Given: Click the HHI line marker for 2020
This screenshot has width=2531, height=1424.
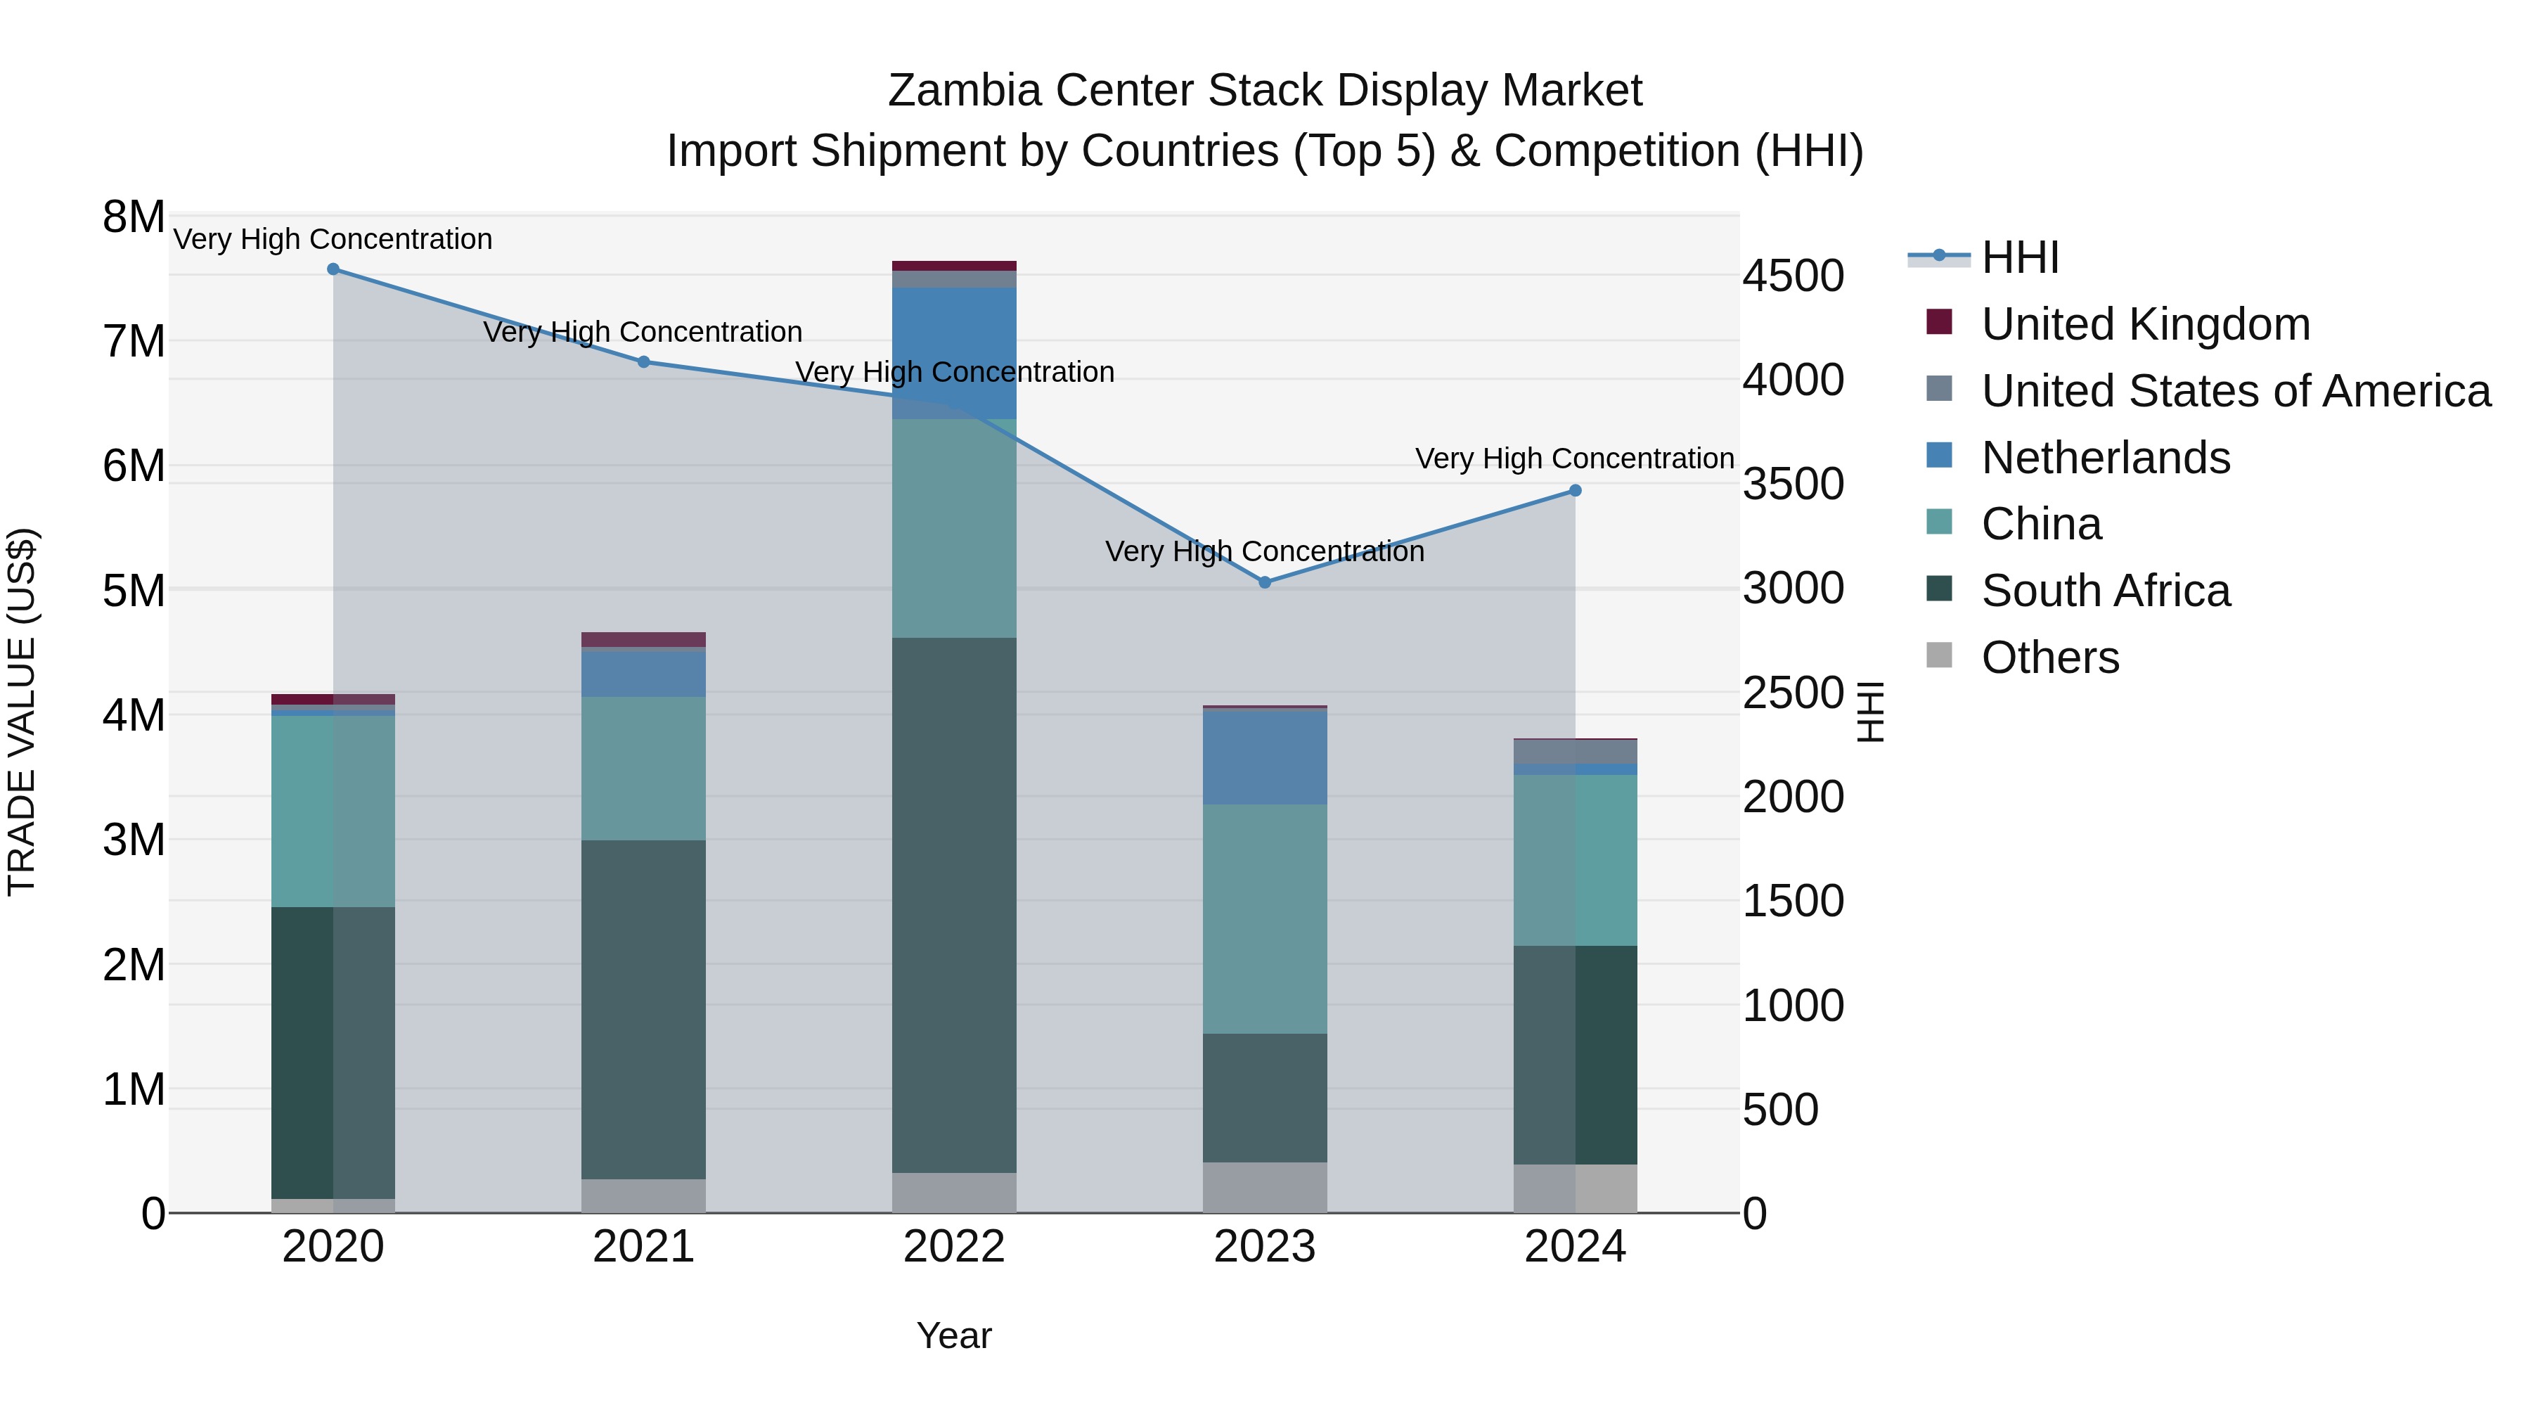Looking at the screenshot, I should point(333,269).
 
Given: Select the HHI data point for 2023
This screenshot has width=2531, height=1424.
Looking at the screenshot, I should point(1265,583).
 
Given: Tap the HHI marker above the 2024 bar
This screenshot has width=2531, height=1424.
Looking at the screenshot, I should point(1575,490).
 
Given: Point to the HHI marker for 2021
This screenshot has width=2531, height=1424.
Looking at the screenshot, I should point(643,361).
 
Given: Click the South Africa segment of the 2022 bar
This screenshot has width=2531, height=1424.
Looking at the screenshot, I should point(954,904).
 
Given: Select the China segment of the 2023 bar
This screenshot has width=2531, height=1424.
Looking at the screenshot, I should point(1265,919).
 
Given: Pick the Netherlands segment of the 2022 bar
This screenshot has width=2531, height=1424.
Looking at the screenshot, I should point(954,353).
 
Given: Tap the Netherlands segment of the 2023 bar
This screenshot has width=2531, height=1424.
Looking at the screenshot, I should point(1265,757).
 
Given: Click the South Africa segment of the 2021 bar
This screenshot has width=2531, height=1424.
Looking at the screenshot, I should point(643,1009).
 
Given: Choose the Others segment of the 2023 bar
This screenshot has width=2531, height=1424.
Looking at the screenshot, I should point(1265,1187).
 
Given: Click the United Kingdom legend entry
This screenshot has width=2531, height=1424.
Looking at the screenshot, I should point(2145,324).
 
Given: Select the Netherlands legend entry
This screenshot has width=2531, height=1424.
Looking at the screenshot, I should point(2106,458).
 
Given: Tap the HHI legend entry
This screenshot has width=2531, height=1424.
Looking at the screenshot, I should point(2019,257).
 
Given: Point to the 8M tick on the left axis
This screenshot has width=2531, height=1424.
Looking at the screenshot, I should point(134,217).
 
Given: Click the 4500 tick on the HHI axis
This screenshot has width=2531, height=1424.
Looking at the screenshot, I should point(1793,276).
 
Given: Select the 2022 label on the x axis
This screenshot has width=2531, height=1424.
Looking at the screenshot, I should point(954,1247).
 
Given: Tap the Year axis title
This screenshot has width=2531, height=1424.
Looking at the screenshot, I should point(954,1335).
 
